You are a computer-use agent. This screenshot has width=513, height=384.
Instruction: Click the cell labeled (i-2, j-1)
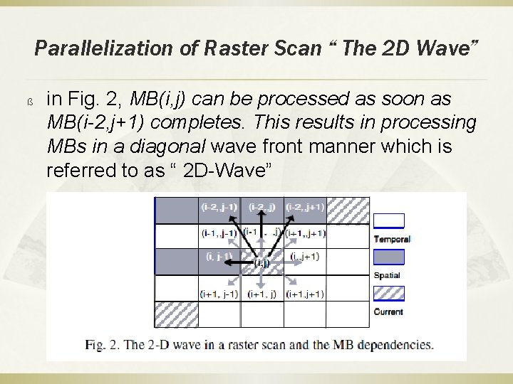point(219,208)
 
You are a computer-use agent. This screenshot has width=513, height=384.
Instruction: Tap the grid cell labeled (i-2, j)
point(262,208)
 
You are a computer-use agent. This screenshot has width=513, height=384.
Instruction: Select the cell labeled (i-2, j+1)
point(305,208)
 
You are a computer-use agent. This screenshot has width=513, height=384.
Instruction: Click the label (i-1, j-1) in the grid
point(219,233)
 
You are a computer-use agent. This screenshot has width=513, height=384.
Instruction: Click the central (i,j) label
point(262,262)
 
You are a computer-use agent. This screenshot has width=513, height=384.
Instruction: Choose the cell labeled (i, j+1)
point(306,257)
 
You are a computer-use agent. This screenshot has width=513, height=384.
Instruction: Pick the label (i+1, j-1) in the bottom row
point(219,293)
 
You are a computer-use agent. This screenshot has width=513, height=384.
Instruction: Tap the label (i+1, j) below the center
point(262,293)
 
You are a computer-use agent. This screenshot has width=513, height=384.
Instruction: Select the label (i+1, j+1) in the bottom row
point(305,293)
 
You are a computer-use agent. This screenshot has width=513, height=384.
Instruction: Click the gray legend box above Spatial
point(388,257)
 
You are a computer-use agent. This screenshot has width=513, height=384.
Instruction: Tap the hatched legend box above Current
point(388,294)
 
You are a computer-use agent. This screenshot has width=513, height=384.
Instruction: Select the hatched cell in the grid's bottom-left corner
point(176,313)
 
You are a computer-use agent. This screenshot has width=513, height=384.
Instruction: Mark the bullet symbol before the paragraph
point(31,100)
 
